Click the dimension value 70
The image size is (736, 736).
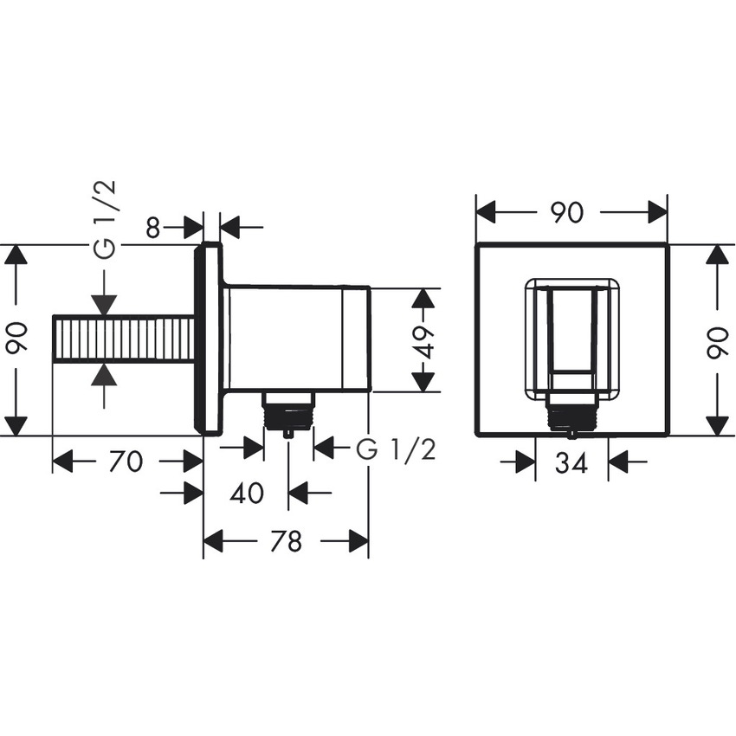click(x=126, y=462)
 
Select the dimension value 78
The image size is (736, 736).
click(x=286, y=542)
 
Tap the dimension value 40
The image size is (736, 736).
click(x=247, y=494)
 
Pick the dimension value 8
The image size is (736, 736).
click(x=153, y=228)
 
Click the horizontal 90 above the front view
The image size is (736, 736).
click(x=567, y=212)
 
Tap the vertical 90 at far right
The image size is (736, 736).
click(x=718, y=339)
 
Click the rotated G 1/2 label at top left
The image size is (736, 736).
click(x=105, y=220)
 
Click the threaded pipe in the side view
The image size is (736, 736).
click(x=122, y=339)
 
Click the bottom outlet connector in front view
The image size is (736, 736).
click(x=571, y=416)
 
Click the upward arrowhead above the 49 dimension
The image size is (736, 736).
click(x=422, y=299)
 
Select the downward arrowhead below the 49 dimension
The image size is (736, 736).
click(x=422, y=381)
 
